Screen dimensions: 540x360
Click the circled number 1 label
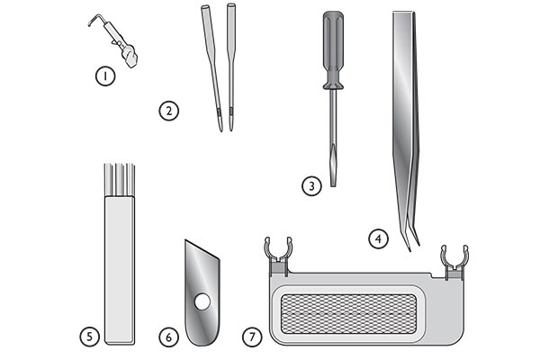coord(105,76)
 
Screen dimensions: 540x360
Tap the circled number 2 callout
coord(169,111)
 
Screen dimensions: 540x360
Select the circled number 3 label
coord(311,186)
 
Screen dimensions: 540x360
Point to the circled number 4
coord(378,238)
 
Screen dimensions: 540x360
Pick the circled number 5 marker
coord(89,337)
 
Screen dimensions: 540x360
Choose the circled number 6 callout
coord(169,337)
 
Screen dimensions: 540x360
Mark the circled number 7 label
coord(252,337)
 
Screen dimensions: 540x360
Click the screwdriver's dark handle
coord(333,50)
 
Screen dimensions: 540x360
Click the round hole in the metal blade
coord(202,302)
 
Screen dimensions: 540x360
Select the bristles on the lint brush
coord(119,180)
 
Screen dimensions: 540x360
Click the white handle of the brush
coord(120,270)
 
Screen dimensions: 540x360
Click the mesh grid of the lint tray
coord(348,314)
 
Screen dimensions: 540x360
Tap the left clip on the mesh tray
coord(278,256)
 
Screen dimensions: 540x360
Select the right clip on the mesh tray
coord(454,262)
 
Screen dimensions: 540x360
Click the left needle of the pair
coord(212,68)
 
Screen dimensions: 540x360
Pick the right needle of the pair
coord(231,67)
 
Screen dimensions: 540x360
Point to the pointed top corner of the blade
coord(185,240)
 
